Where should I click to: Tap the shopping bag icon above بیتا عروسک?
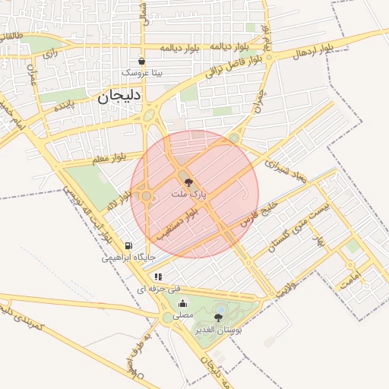click(141, 61)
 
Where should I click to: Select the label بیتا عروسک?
click(142, 73)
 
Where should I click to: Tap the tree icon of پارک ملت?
click(188, 182)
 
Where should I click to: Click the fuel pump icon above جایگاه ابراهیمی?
click(128, 245)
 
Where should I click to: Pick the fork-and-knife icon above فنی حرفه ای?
click(158, 277)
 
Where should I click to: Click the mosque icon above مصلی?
click(182, 302)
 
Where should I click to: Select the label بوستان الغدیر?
click(219, 330)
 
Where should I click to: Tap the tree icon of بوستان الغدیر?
click(219, 318)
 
